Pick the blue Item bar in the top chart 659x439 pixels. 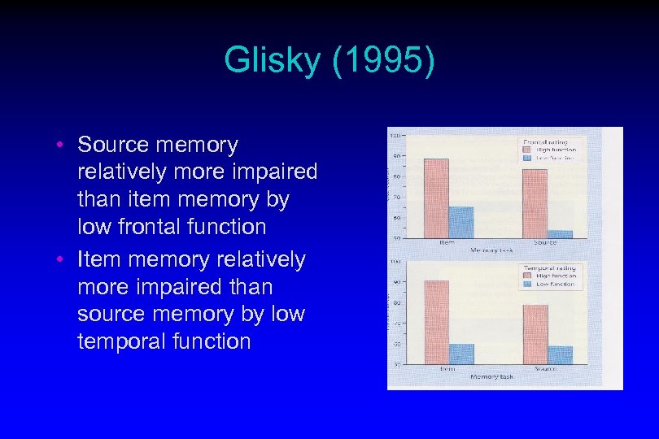(x=460, y=221)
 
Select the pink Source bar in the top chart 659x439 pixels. (x=535, y=203)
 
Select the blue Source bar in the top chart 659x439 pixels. (x=560, y=234)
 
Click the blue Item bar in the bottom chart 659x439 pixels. (x=461, y=354)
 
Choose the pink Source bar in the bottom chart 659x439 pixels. (x=535, y=334)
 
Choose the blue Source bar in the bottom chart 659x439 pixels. (x=560, y=354)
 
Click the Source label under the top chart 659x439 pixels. (x=546, y=242)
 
